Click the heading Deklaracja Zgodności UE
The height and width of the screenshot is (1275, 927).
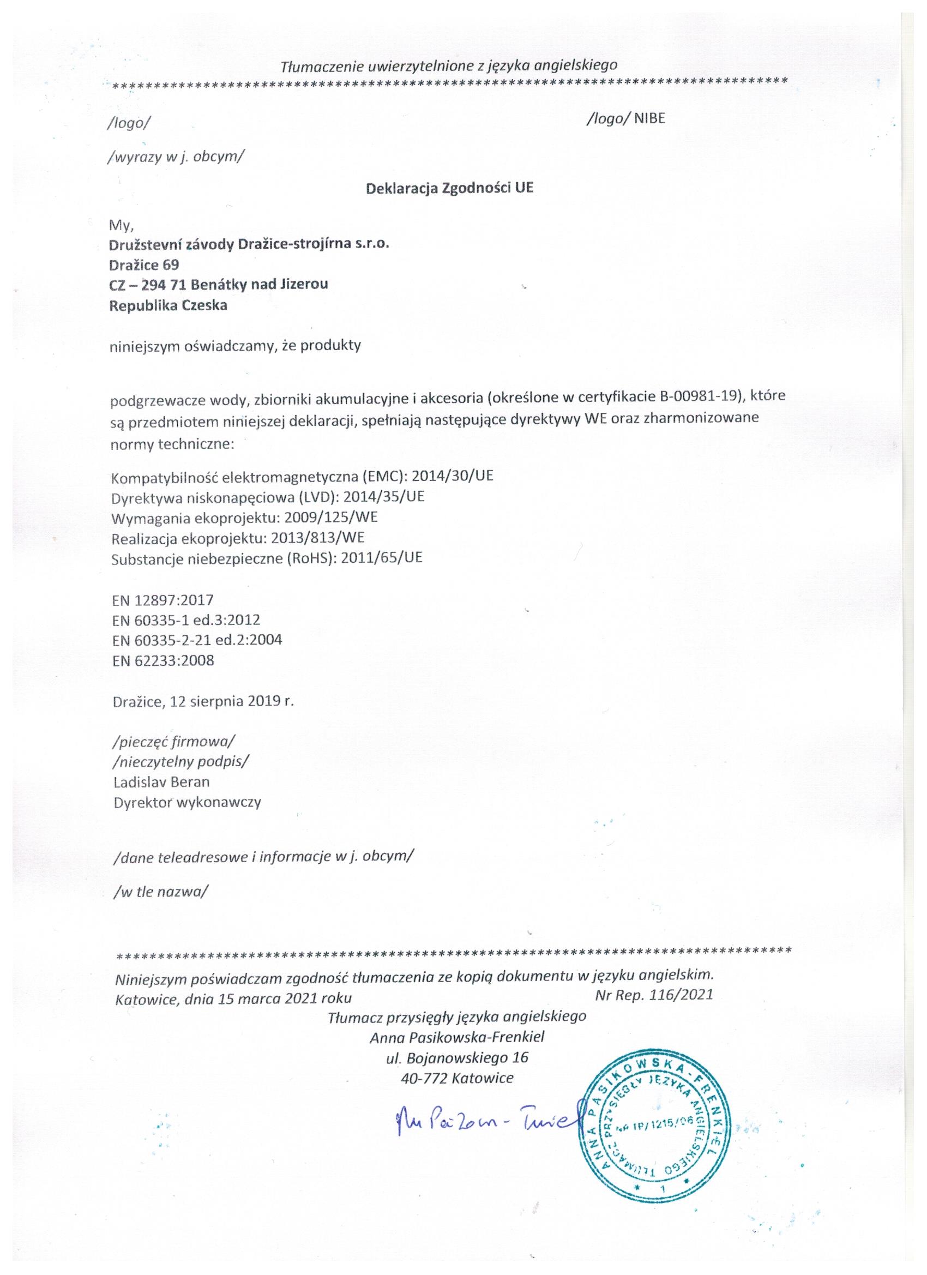click(449, 188)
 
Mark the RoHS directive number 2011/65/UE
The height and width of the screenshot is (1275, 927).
click(382, 558)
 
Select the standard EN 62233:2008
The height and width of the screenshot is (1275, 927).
click(163, 660)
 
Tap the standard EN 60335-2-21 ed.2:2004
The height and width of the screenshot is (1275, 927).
click(197, 640)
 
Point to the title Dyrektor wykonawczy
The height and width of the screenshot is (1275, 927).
click(187, 802)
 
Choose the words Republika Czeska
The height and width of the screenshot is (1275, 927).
click(168, 306)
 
